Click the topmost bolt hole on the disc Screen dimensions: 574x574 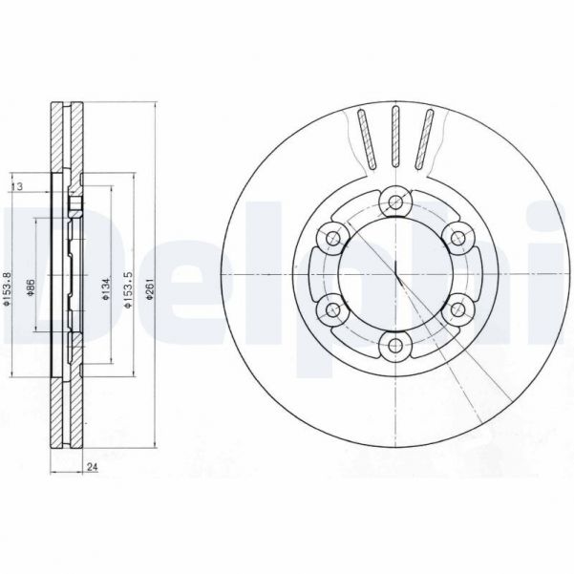click(x=394, y=202)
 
